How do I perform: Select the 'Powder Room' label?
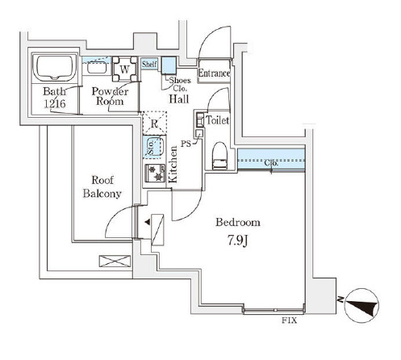pyautogui.click(x=107, y=96)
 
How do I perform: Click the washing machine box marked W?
pyautogui.click(x=124, y=69)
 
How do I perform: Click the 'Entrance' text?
pyautogui.click(x=214, y=73)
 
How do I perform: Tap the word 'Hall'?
pyautogui.click(x=179, y=99)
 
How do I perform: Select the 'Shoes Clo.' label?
pyautogui.click(x=178, y=84)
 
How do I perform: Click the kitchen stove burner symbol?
pyautogui.click(x=153, y=174)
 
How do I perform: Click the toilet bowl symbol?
pyautogui.click(x=219, y=155)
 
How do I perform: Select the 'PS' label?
pyautogui.click(x=185, y=145)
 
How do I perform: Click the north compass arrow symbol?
pyautogui.click(x=357, y=304)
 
